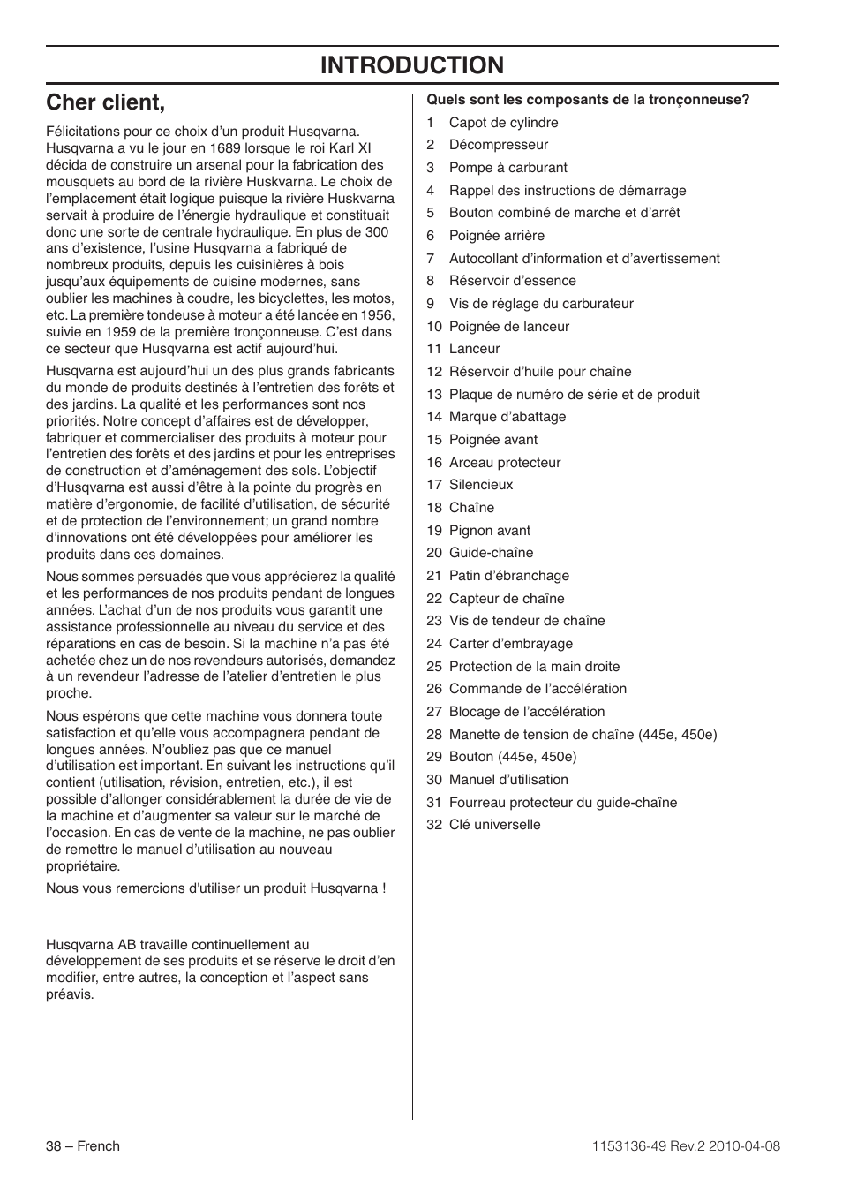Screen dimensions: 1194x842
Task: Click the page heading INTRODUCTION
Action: [412, 64]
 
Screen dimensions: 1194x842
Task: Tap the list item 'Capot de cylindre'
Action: [503, 123]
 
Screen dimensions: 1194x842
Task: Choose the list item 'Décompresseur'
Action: [499, 145]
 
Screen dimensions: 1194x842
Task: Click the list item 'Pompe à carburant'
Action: [507, 168]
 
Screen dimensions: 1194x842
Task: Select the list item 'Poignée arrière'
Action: [497, 236]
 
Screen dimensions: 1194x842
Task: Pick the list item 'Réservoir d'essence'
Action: [512, 281]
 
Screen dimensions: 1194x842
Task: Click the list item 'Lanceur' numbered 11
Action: [474, 349]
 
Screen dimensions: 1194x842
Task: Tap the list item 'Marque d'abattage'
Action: [507, 417]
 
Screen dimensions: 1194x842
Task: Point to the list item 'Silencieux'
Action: [481, 485]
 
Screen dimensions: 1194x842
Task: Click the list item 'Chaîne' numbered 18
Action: [471, 508]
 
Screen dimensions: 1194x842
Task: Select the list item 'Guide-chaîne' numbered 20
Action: [491, 553]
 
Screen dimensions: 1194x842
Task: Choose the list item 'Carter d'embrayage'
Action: [511, 644]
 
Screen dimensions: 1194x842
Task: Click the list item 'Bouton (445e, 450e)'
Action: [513, 757]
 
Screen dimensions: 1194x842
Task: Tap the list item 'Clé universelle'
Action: [494, 825]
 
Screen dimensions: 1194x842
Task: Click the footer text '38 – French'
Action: [83, 1146]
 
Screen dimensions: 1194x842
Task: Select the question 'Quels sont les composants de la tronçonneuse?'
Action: [588, 100]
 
